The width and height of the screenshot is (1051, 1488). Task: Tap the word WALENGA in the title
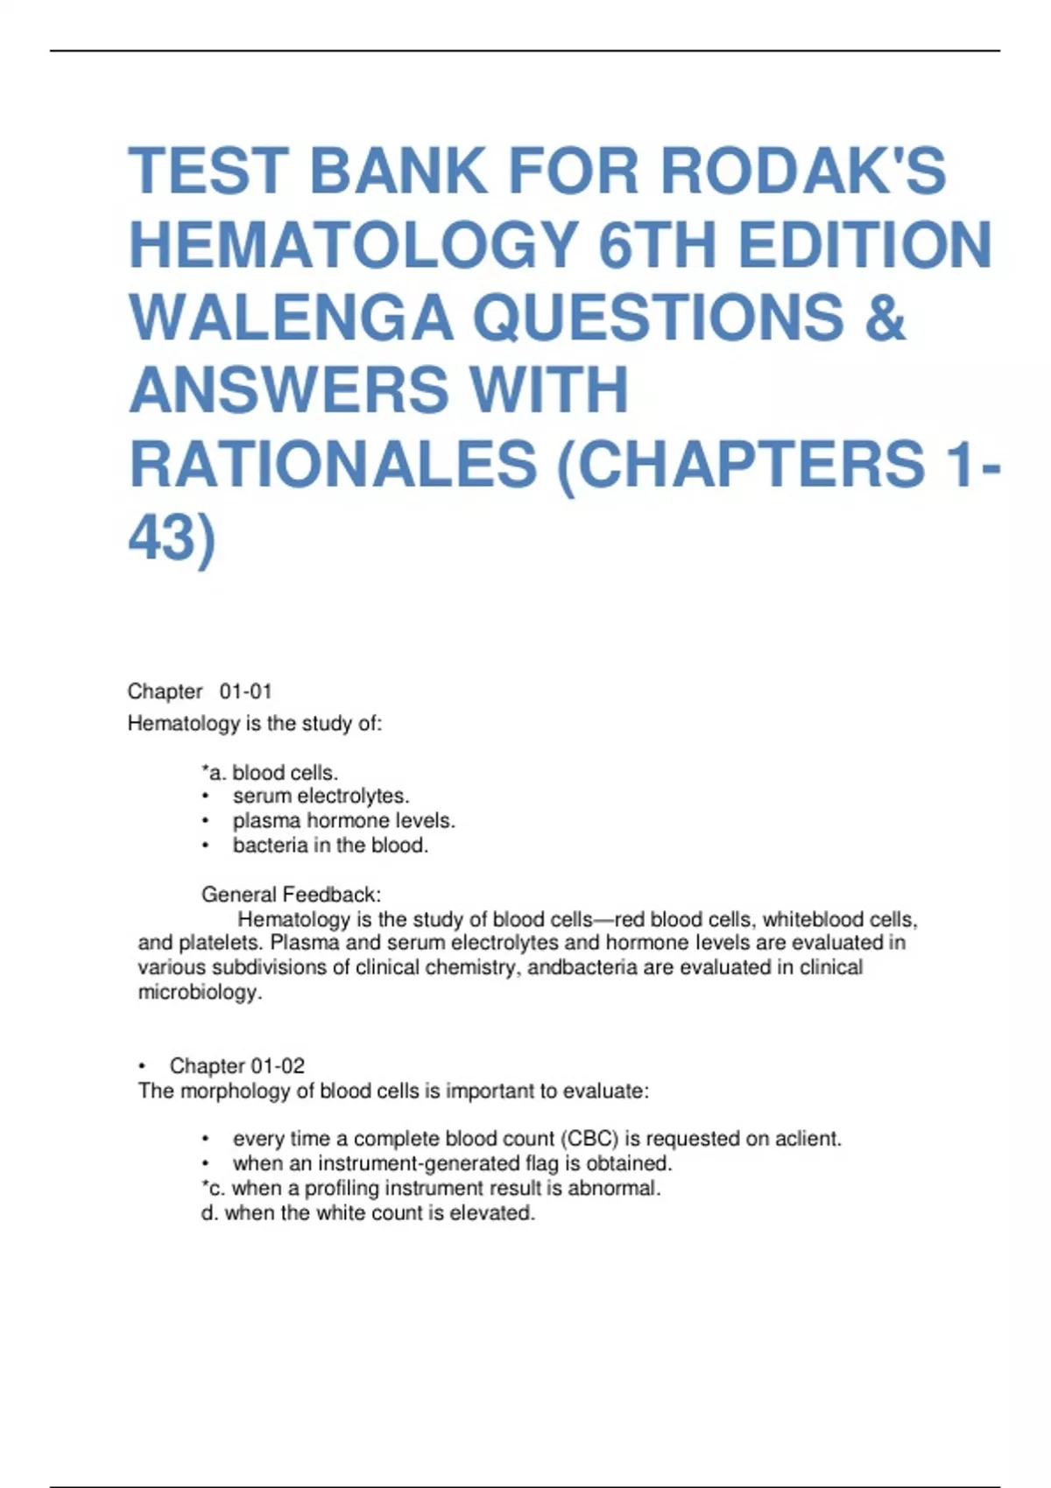coord(291,317)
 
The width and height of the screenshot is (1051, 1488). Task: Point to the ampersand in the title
coord(885,317)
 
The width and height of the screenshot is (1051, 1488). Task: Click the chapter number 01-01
coord(246,691)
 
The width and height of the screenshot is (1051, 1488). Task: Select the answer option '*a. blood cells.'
coord(270,773)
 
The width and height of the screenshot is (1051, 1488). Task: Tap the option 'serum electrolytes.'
coord(321,797)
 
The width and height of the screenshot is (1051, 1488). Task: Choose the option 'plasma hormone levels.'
coord(343,821)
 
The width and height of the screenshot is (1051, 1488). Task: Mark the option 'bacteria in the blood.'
coord(330,846)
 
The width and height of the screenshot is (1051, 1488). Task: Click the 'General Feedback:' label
coord(291,895)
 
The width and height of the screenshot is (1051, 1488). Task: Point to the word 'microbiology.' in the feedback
coord(201,993)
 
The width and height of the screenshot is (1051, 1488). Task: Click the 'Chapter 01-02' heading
coord(236,1066)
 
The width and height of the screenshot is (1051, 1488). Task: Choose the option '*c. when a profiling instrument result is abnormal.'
coord(431,1189)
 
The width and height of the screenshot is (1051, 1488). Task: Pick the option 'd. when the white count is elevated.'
coord(368,1213)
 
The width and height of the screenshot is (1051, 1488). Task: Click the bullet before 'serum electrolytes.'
coord(206,797)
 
